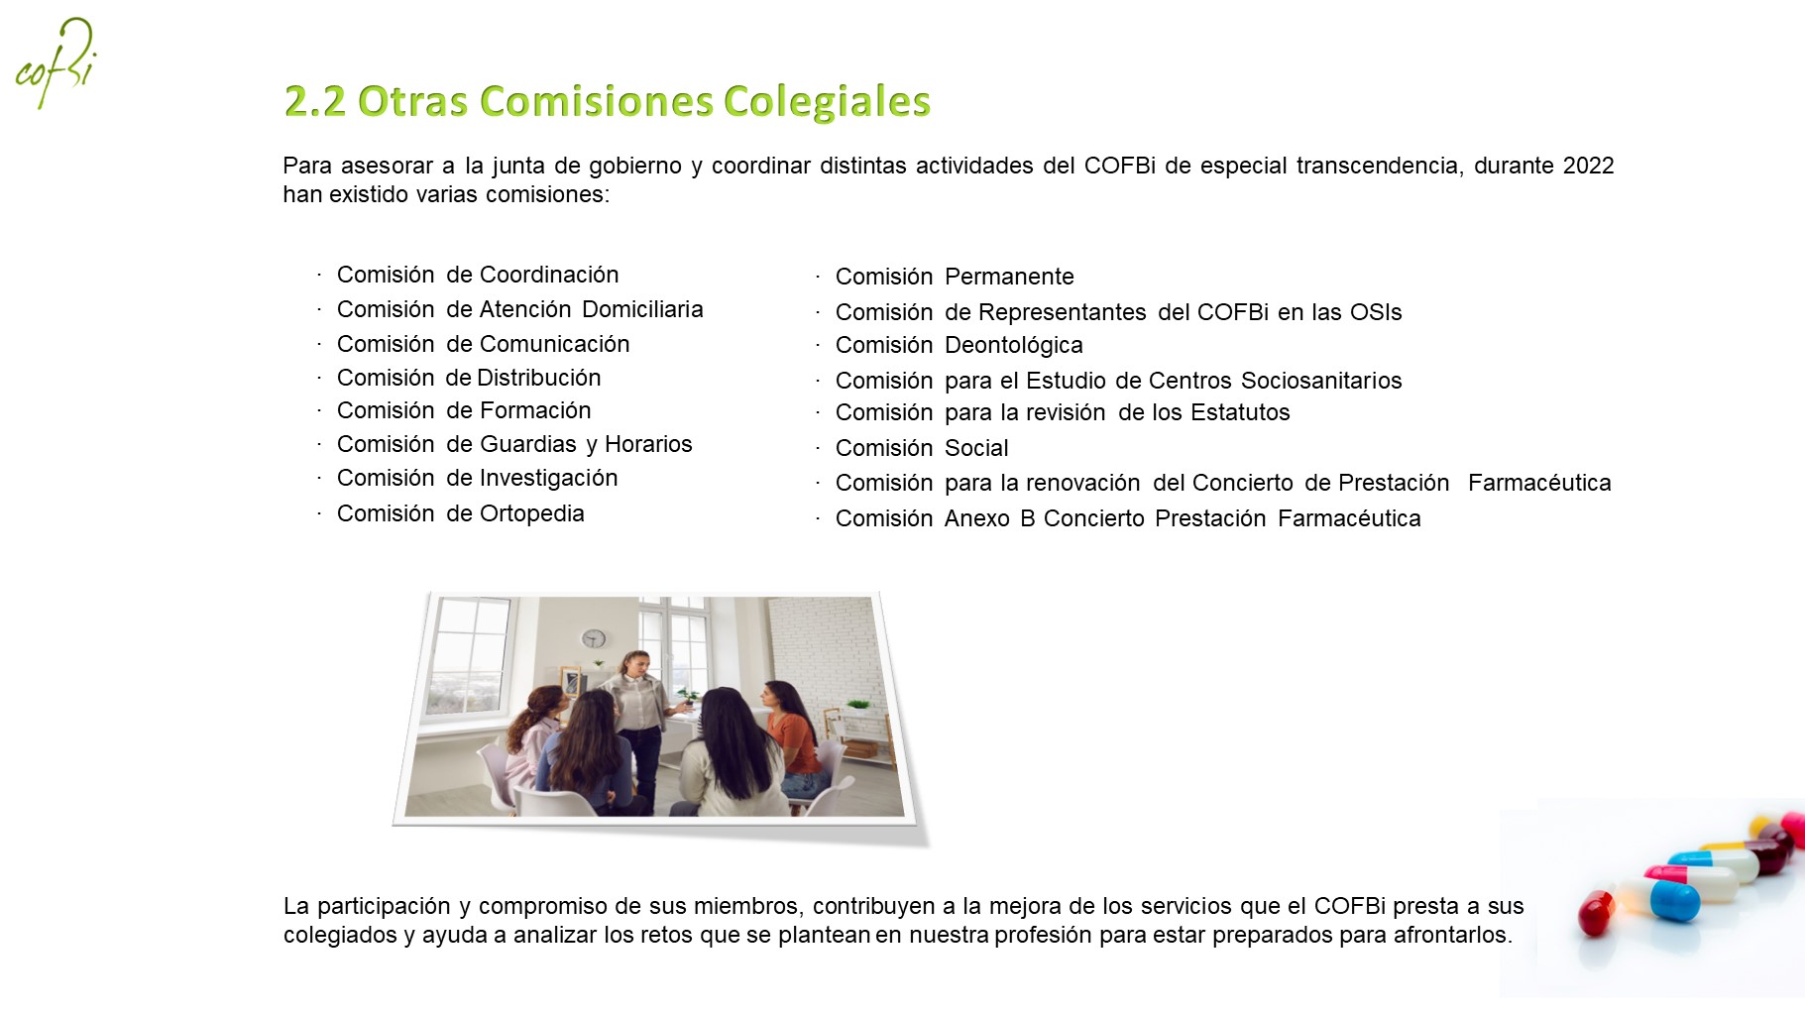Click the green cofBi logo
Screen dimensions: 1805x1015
(56, 63)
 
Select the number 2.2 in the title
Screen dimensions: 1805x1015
(314, 101)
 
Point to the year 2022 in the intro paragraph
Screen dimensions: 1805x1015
(1588, 166)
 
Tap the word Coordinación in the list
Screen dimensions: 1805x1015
(549, 275)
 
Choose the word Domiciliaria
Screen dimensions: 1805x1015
(642, 309)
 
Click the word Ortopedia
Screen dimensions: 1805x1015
(532, 513)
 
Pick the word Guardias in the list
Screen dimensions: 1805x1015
(528, 444)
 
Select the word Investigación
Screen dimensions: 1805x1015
(548, 479)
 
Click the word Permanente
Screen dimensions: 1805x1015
(1009, 277)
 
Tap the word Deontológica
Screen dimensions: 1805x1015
(1013, 346)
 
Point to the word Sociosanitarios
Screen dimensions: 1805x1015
(1321, 381)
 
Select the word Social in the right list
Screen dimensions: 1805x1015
(976, 448)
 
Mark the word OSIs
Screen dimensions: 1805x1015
(1376, 312)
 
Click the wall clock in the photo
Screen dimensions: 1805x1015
(594, 638)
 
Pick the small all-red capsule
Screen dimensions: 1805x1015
(1596, 913)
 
